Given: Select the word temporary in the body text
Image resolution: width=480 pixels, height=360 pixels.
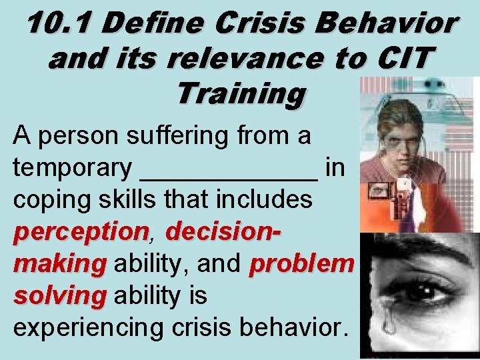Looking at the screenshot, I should pyautogui.click(x=72, y=169).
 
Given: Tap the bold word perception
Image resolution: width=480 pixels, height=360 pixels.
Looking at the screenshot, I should pyautogui.click(x=79, y=233).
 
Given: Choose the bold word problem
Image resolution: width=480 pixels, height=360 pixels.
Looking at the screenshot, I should pyautogui.click(x=301, y=264).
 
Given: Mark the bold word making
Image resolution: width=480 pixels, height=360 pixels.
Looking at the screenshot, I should pyautogui.click(x=59, y=264).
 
